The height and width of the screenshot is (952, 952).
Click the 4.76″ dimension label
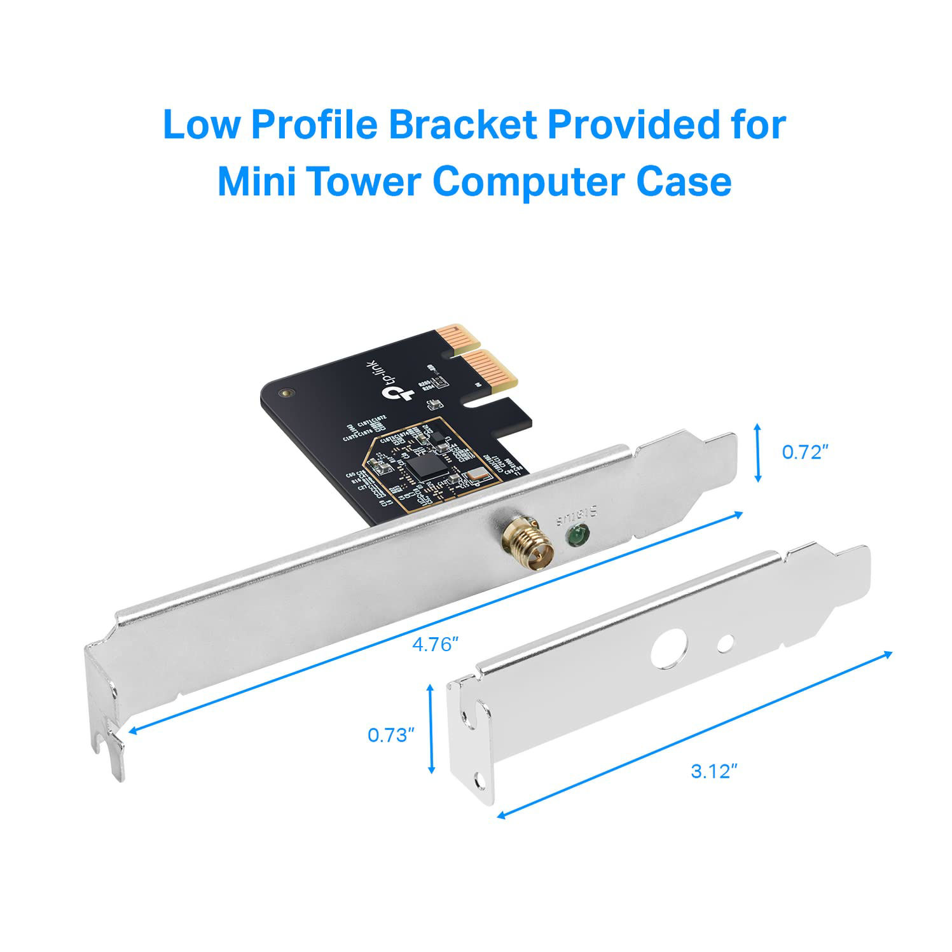tap(435, 645)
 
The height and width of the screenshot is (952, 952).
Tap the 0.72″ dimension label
tap(804, 452)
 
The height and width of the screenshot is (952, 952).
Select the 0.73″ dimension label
tap(391, 735)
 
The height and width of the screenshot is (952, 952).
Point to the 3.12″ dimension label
tap(714, 771)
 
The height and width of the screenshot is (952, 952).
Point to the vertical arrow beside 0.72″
tap(757, 453)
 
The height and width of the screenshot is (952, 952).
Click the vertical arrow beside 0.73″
tap(431, 729)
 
